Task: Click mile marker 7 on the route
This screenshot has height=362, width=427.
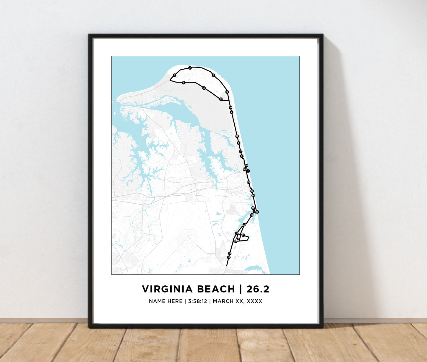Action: (190, 68)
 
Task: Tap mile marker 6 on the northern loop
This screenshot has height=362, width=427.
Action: (174, 75)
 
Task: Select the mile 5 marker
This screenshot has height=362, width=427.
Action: (184, 83)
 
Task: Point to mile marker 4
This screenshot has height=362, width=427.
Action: (204, 88)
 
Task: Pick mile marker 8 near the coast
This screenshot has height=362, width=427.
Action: (213, 75)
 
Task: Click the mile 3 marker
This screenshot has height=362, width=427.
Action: (221, 99)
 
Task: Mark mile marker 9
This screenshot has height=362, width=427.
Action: (227, 92)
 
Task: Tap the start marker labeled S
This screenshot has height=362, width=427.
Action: (242, 156)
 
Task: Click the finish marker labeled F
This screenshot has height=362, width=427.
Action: (248, 171)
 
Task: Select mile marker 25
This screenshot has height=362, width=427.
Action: (249, 182)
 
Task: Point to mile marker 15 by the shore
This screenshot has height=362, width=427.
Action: (257, 212)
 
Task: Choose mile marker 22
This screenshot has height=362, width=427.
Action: (244, 225)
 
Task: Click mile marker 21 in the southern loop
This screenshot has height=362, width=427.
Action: (243, 235)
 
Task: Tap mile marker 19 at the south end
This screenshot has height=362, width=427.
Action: (228, 257)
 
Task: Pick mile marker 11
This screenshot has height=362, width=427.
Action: (237, 136)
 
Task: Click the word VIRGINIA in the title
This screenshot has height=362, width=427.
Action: (167, 289)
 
